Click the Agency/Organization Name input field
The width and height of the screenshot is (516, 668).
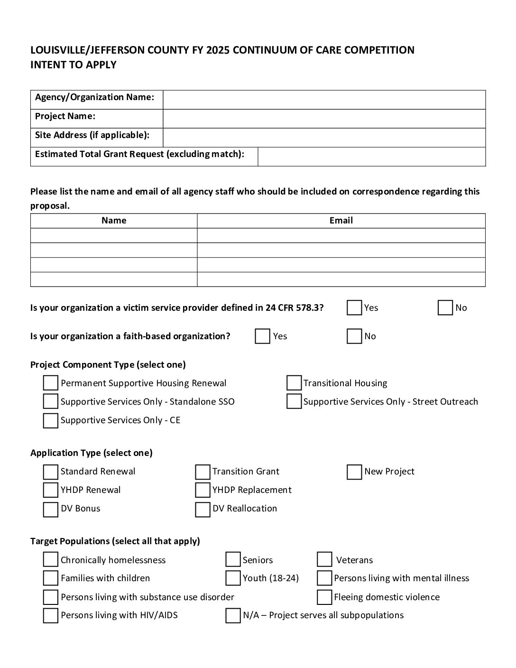point(324,100)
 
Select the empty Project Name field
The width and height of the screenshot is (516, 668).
point(324,119)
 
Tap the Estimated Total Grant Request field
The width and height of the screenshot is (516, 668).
point(371,157)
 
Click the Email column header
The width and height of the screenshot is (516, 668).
point(341,221)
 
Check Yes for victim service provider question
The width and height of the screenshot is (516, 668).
point(354,308)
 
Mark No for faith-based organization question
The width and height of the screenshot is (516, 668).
point(354,336)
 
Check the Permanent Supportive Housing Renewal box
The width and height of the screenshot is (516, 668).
point(51,383)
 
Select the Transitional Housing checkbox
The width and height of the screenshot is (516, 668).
point(294,383)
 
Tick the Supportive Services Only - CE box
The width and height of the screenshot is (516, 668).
point(51,420)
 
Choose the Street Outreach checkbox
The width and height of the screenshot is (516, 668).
point(294,401)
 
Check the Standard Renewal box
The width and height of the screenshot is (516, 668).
point(51,472)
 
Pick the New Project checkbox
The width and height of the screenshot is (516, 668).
point(354,472)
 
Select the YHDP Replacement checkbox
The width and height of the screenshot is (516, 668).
point(203,490)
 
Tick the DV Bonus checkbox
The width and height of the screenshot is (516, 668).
point(51,509)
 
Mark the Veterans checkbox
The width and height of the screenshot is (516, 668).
point(324,560)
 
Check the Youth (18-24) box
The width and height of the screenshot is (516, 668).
point(233,578)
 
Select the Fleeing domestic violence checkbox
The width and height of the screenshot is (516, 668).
point(324,597)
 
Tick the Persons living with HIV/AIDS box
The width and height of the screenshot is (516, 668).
point(51,615)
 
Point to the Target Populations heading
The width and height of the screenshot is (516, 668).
point(115,541)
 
